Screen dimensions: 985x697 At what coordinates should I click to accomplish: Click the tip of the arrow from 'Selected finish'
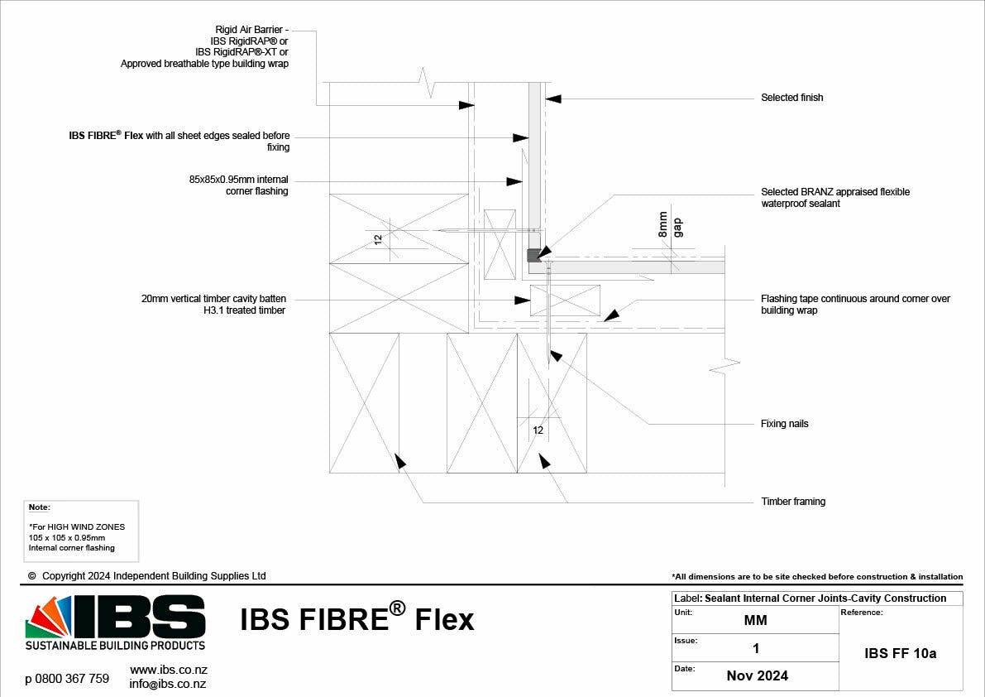tap(545, 99)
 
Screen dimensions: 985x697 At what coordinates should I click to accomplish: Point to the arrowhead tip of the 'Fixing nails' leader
tap(550, 351)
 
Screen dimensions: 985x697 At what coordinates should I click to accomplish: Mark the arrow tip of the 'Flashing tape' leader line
tap(604, 322)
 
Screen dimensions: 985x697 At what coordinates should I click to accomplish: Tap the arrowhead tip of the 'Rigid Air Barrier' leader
tap(474, 106)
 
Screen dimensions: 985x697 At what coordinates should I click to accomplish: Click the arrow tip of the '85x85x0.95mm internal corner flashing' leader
tap(523, 181)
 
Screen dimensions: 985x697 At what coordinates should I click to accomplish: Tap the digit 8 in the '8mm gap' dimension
tap(662, 233)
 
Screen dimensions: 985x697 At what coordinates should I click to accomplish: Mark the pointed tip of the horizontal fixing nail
tap(438, 231)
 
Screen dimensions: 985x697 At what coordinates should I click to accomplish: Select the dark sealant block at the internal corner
tap(534, 255)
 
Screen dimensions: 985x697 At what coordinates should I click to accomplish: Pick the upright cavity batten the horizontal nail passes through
tap(500, 244)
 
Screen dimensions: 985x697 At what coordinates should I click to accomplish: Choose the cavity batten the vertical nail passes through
tap(566, 300)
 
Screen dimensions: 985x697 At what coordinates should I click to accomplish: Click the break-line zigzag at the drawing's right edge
tap(725, 365)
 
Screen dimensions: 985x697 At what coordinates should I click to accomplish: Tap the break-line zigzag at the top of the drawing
tap(428, 82)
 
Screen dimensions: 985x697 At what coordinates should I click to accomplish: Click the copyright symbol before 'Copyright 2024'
tap(32, 575)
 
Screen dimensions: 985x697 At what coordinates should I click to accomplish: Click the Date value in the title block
tap(757, 675)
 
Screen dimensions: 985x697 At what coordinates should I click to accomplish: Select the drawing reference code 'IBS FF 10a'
tap(900, 653)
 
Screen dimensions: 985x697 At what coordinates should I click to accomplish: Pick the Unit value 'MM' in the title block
tap(756, 620)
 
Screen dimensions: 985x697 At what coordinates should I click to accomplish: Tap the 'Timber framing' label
tap(793, 502)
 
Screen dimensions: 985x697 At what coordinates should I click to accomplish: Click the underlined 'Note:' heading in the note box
tap(39, 507)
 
